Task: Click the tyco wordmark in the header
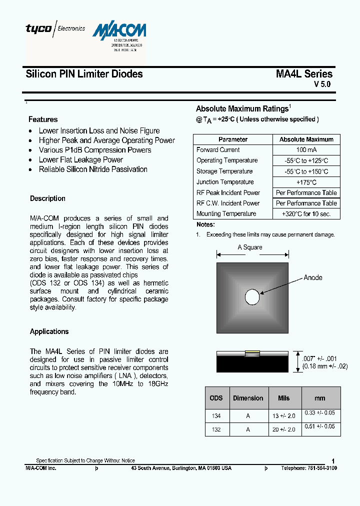pos(38,29)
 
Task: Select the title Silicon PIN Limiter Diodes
pos(84,74)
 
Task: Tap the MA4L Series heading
pos(304,74)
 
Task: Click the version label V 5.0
pos(322,84)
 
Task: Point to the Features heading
pos(43,119)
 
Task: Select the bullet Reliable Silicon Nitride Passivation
pos(93,169)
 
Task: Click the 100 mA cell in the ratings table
pos(306,150)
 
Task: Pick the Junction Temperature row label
pos(225,182)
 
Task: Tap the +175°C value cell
pos(306,182)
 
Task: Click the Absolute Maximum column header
pos(306,139)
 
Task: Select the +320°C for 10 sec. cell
pos(306,213)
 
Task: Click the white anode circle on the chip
pos(252,298)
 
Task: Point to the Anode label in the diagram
pos(313,277)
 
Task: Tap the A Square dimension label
pos(250,247)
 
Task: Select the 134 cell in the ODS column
pos(216,416)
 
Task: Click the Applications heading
pos(49,331)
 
